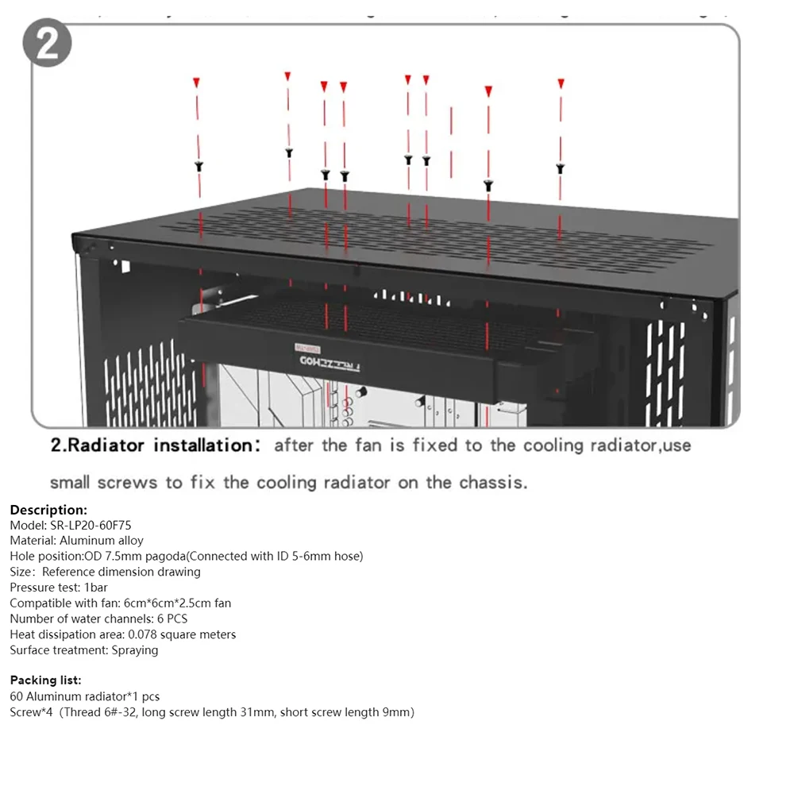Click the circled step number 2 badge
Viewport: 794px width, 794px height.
click(47, 44)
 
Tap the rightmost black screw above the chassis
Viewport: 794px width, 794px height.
click(560, 168)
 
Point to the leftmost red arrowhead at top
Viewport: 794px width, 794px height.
click(197, 82)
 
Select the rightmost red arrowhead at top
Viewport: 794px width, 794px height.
click(561, 83)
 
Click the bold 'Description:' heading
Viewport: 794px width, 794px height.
click(48, 510)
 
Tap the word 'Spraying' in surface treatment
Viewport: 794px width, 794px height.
click(135, 650)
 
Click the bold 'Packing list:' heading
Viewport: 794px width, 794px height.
click(45, 680)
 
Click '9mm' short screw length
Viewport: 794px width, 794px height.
click(395, 712)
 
